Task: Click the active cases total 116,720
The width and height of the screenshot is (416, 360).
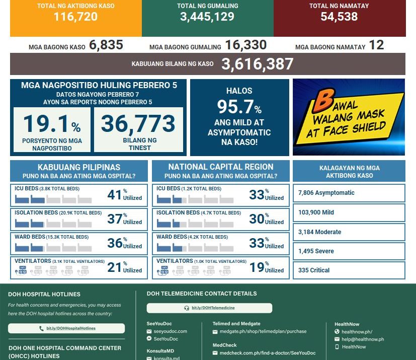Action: [x=75, y=17]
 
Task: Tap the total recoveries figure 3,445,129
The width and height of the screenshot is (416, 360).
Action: [x=207, y=17]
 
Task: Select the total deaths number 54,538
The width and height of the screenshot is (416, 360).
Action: [x=339, y=17]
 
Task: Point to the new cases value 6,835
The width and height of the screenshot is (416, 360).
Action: [x=106, y=45]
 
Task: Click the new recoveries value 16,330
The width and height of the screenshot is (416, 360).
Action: [x=245, y=45]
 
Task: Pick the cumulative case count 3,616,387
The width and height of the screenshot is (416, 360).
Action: [x=257, y=64]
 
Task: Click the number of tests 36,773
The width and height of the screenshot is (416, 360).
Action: [x=138, y=124]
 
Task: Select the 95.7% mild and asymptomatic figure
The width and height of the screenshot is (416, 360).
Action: [x=239, y=107]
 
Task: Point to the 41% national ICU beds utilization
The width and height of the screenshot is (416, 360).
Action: [x=115, y=195]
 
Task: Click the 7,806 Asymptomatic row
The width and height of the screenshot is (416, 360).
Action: [x=349, y=193]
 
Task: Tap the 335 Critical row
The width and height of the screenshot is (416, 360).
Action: [x=349, y=270]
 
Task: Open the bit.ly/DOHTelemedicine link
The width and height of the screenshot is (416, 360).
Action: [x=209, y=308]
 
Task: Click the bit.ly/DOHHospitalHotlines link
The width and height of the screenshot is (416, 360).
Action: [x=66, y=328]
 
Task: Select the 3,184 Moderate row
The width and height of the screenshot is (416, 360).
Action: [x=349, y=232]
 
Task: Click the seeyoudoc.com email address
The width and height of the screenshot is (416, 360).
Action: [x=171, y=331]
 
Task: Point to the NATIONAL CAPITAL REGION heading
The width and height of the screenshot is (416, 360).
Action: [x=221, y=167]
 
